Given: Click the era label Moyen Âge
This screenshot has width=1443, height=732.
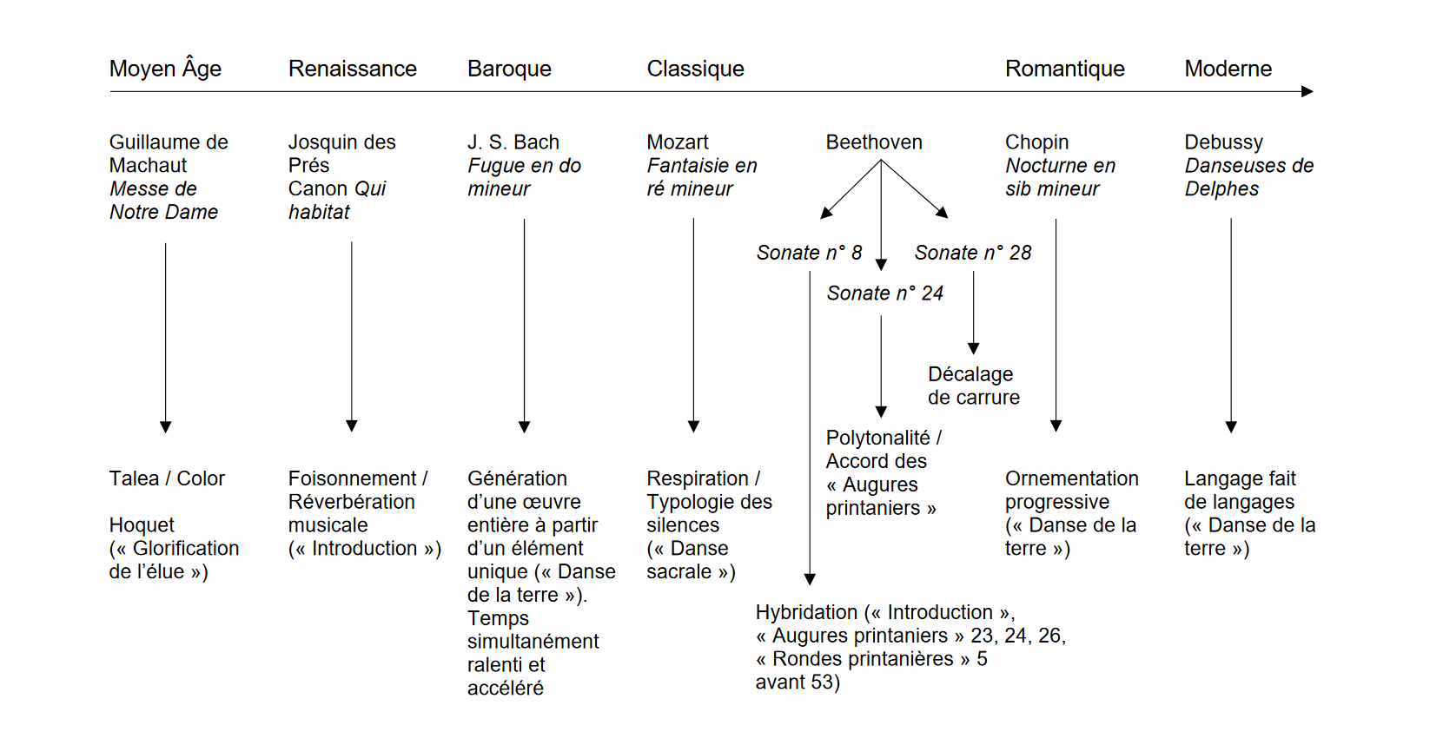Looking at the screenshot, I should (x=165, y=69).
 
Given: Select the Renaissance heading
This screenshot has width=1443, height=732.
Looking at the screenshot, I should (x=352, y=69).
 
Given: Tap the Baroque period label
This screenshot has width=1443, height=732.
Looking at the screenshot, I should (x=509, y=69).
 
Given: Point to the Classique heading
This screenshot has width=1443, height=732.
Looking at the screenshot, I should (x=695, y=69).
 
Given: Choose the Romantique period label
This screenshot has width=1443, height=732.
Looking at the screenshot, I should (x=1064, y=69).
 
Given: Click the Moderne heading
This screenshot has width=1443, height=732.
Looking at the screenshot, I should (x=1228, y=69).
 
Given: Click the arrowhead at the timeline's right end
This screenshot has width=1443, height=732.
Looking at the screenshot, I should (x=1307, y=91).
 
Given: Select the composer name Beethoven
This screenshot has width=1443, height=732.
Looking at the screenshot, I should (x=873, y=142).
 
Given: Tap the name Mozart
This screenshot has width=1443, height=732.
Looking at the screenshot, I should (x=677, y=142).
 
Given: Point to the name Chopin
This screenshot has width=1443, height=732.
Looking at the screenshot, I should (x=1036, y=142).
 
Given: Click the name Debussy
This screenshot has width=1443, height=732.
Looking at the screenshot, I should (x=1223, y=142).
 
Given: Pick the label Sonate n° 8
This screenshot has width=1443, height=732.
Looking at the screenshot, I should (x=809, y=253).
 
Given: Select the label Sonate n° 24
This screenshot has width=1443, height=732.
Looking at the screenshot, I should (x=884, y=293).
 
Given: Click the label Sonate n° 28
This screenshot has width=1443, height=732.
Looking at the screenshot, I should (x=972, y=253).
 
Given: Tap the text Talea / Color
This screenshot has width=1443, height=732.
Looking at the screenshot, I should (x=167, y=478).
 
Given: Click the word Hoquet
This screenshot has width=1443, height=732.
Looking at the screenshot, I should (x=142, y=525).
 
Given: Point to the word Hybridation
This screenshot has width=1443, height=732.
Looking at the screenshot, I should (x=805, y=612).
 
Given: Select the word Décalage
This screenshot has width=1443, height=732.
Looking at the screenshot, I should (x=970, y=374).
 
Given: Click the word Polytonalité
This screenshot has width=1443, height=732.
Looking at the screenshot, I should (x=877, y=439).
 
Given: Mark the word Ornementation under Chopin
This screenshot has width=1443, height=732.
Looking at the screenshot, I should (x=1071, y=478).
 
